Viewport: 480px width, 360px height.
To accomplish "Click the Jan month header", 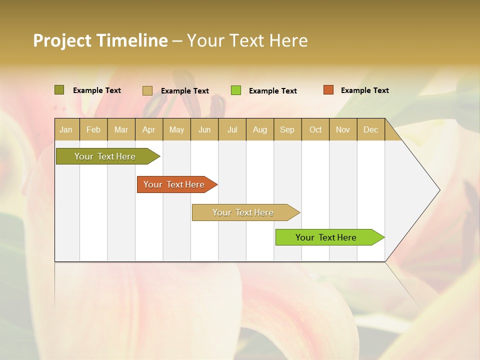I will click(66, 129).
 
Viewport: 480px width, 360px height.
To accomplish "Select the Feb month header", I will click(93, 129).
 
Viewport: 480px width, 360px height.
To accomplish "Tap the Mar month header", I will click(121, 129).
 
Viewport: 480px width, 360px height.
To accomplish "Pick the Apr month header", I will click(149, 129).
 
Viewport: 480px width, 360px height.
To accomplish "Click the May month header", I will click(176, 129).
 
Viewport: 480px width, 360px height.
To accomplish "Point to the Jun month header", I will click(204, 129).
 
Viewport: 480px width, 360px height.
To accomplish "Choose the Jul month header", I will click(232, 129).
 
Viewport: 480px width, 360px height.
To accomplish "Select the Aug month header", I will click(260, 129).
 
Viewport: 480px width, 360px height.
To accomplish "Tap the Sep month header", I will click(287, 129).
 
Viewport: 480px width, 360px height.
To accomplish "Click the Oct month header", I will click(315, 129).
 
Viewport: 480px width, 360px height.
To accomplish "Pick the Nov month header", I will click(343, 129).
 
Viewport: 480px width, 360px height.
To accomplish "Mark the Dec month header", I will click(371, 129).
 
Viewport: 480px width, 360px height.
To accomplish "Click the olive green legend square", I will click(59, 90).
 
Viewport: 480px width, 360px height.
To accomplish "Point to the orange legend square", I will click(328, 90).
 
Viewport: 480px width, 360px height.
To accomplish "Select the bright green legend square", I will click(236, 90).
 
